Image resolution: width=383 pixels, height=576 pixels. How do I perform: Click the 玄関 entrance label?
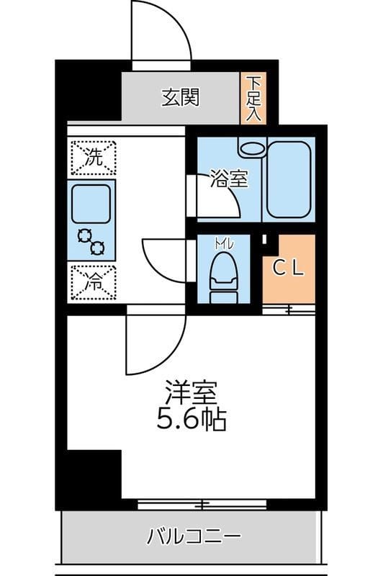point(179,97)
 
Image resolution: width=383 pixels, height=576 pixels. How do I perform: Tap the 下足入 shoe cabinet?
point(253,98)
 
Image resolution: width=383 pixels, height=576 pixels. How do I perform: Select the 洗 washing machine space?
point(93,158)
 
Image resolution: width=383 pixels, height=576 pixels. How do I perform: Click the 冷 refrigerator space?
point(93,282)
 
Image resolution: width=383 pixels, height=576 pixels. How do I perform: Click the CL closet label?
point(289,268)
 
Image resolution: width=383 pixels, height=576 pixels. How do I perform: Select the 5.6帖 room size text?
point(191,419)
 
